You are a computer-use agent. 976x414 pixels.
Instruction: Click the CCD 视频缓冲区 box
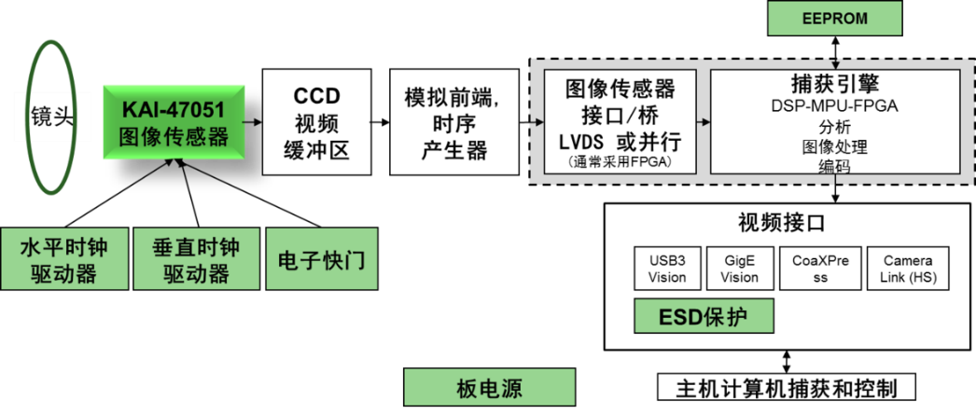[317, 122]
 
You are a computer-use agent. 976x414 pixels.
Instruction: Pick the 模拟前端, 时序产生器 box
[454, 122]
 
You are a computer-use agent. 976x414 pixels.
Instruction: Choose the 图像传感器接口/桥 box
[620, 122]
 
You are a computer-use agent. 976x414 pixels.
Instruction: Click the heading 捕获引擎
[834, 85]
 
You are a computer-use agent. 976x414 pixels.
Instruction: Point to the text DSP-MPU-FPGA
[834, 106]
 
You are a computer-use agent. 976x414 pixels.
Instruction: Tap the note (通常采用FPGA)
[620, 161]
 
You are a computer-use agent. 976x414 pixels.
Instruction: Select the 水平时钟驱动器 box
[64, 259]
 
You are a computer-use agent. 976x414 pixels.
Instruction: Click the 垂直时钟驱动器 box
[196, 259]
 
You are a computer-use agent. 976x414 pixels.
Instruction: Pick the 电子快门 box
[322, 258]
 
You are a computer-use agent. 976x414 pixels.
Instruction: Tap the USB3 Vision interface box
[666, 269]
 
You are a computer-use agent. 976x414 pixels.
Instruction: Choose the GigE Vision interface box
[739, 269]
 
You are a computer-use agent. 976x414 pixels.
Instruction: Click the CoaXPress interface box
[820, 269]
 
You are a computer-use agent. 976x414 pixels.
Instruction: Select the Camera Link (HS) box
[908, 269]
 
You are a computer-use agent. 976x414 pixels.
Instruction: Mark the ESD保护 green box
[704, 316]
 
